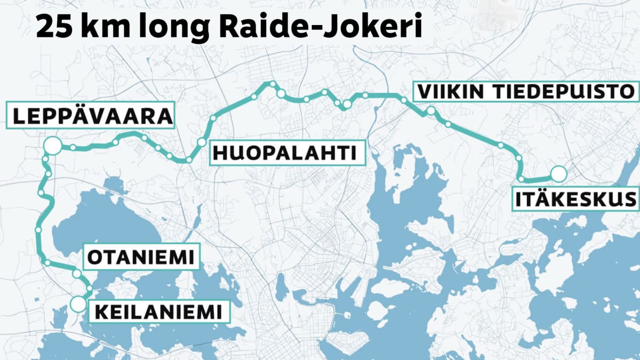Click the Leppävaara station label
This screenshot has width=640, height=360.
point(90,115)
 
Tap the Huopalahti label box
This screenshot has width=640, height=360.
point(284,153)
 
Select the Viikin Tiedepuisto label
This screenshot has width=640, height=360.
point(526,91)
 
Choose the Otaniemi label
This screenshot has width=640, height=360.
point(140,258)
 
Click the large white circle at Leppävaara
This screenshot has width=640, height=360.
point(52,146)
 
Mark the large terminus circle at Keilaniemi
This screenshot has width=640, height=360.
point(78,304)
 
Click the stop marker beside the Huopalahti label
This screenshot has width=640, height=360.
point(201,142)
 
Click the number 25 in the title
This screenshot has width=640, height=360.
point(55,28)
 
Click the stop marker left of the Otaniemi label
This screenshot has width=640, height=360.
point(77,273)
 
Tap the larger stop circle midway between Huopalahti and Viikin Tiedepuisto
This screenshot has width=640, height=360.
point(346,105)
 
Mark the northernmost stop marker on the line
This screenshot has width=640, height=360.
point(272,84)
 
